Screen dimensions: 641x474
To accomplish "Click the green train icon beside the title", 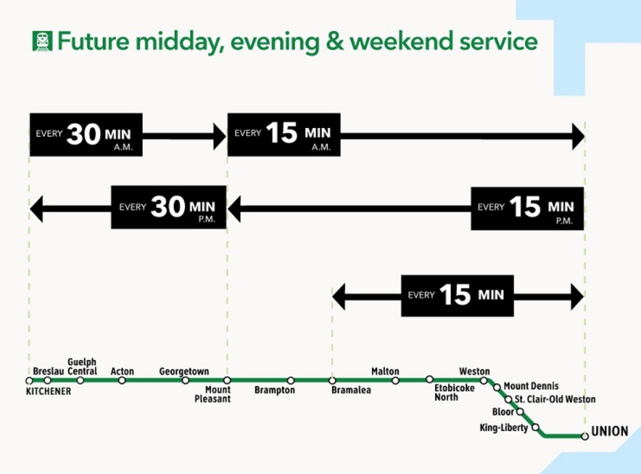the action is pyautogui.click(x=42, y=41).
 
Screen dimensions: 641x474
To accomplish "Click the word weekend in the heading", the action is pyautogui.click(x=402, y=41).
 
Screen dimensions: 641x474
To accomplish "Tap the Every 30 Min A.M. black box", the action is pyautogui.click(x=86, y=135).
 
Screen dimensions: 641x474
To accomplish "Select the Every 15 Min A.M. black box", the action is pyautogui.click(x=284, y=135).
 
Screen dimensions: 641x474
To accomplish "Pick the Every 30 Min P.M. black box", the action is pyautogui.click(x=168, y=207).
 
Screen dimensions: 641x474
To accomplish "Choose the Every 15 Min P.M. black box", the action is pyautogui.click(x=527, y=208).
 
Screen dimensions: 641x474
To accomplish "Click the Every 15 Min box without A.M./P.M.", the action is pyautogui.click(x=458, y=296).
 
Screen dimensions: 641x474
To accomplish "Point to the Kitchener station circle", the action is pyautogui.click(x=29, y=381).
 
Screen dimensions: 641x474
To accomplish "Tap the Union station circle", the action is pyautogui.click(x=585, y=436).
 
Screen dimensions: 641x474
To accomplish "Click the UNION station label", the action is pyautogui.click(x=610, y=431).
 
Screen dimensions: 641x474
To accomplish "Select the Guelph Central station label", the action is pyautogui.click(x=82, y=367).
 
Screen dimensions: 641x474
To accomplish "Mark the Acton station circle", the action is pyautogui.click(x=122, y=381).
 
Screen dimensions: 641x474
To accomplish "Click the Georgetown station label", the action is pyautogui.click(x=184, y=372).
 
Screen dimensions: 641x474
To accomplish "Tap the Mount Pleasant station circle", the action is pyautogui.click(x=228, y=380).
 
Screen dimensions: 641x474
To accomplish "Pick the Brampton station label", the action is pyautogui.click(x=275, y=390).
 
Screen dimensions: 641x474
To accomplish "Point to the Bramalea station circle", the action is pyautogui.click(x=332, y=380).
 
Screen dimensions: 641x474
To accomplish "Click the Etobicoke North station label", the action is pyautogui.click(x=454, y=393).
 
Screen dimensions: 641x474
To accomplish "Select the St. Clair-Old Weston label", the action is pyautogui.click(x=555, y=399).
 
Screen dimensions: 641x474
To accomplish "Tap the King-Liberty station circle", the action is pyautogui.click(x=535, y=427).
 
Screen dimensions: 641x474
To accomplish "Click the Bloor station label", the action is pyautogui.click(x=503, y=412).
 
